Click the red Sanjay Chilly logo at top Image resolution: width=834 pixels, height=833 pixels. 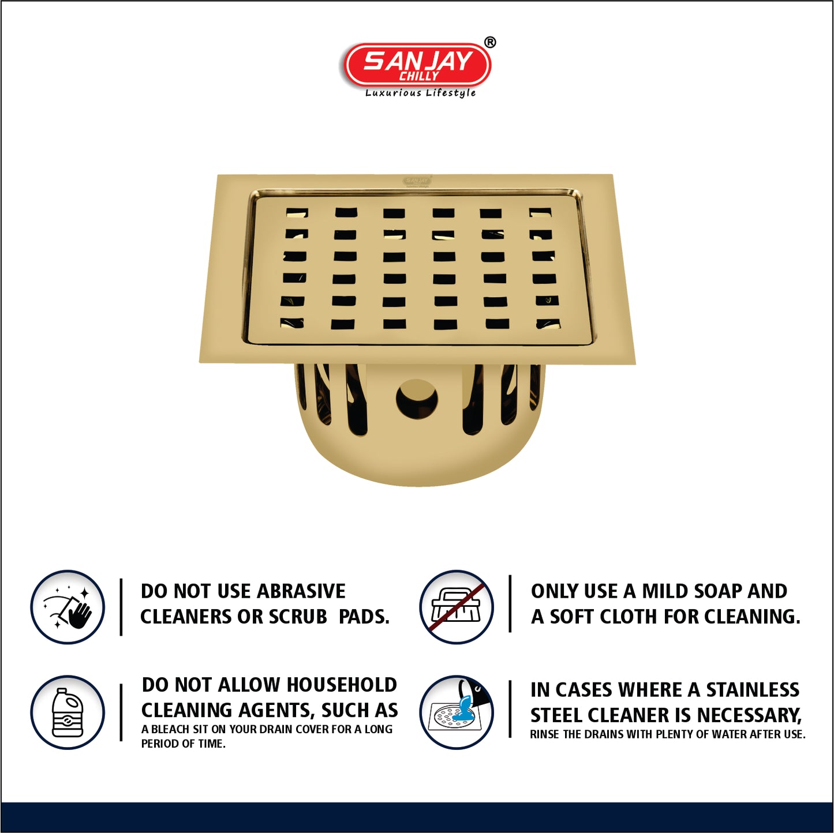pos(417,65)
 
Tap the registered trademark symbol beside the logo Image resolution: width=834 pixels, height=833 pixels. pos(489,43)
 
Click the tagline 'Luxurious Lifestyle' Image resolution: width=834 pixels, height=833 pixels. pos(420,93)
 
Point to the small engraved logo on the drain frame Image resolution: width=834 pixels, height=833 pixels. pos(416,181)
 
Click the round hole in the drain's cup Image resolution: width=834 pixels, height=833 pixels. pos(417,397)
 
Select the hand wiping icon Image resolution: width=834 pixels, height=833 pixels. pos(68,607)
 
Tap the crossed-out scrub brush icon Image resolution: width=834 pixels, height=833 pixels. pos(456,607)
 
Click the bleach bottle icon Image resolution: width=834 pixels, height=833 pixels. pos(68,712)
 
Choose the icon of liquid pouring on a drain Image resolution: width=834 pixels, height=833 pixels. pos(456,712)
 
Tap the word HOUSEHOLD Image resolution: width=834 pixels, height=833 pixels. pos(342,685)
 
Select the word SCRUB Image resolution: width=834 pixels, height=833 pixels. pos(298,617)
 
